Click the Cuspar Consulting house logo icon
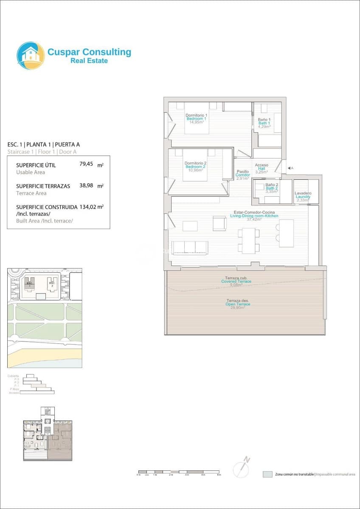pyautogui.click(x=31, y=56)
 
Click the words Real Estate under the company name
pyautogui.click(x=89, y=61)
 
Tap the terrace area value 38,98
pyautogui.click(x=86, y=185)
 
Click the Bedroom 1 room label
pyautogui.click(x=196, y=119)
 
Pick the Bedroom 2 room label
pyautogui.click(x=195, y=167)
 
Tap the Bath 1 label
pyautogui.click(x=264, y=123)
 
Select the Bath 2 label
pyautogui.click(x=272, y=188)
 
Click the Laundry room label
pyautogui.click(x=303, y=197)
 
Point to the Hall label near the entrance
pyautogui.click(x=261, y=168)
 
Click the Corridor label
pyautogui.click(x=243, y=175)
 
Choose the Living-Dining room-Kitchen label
pyautogui.click(x=254, y=216)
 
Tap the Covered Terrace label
pyautogui.click(x=236, y=281)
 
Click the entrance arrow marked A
pyautogui.click(x=290, y=168)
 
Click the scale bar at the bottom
pyautogui.click(x=178, y=472)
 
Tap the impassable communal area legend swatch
pyautogui.click(x=267, y=474)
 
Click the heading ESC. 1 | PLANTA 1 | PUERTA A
pyautogui.click(x=44, y=144)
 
